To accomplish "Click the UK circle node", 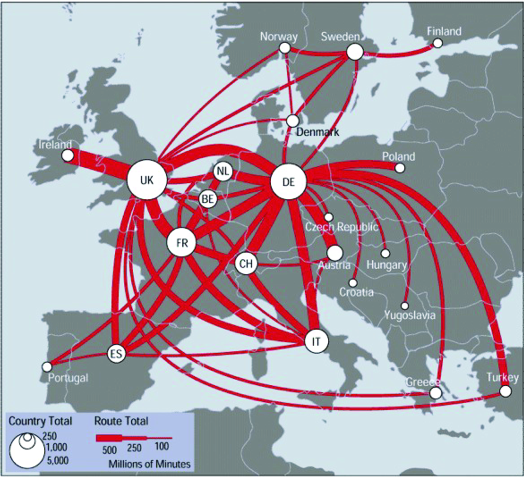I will pos(147,180).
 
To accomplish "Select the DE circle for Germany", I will pos(289,182).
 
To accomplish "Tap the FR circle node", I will pos(182,243).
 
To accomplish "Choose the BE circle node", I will pos(208,199).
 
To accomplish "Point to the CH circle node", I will pos(246,263).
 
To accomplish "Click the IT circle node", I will pos(316,342).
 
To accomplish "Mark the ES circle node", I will pos(116,354).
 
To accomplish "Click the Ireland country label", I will pos(55,145).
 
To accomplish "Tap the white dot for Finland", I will pos(438,43).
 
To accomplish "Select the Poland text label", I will pos(399,156).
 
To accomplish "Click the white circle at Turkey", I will pos(505,391).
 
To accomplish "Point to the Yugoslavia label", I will pos(410,315).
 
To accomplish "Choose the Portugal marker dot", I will pos(47,367).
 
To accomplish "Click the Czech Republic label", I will pos(342,227).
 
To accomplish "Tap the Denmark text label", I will pos(318,132).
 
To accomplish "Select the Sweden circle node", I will pos(355,52).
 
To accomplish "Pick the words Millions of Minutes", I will pos(149,464).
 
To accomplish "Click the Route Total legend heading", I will pos(121,421).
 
